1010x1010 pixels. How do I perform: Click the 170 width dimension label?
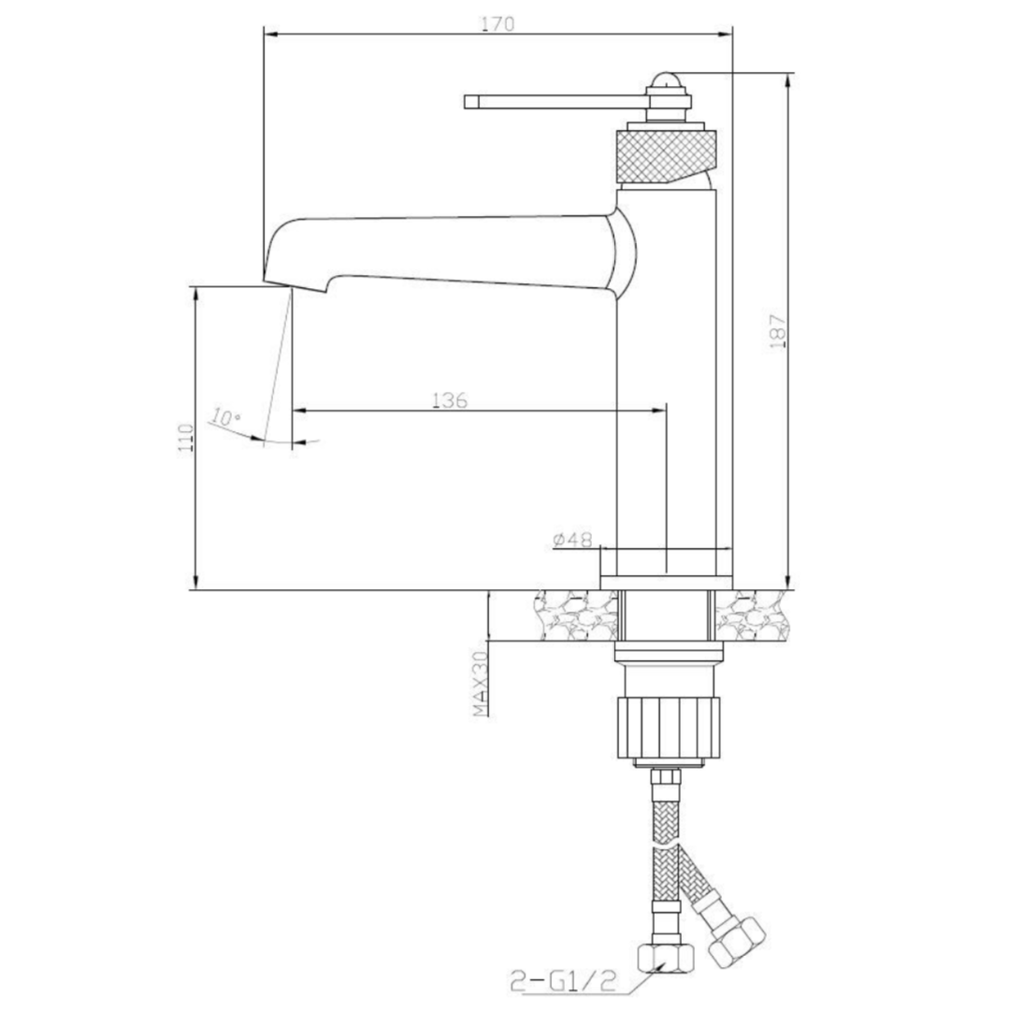[498, 23]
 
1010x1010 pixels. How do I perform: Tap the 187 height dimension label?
[778, 331]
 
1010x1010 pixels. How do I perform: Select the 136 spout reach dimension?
[450, 400]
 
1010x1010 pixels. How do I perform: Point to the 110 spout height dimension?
[187, 438]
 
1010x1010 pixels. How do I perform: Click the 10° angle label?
[224, 417]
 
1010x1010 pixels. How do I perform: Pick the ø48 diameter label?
[572, 540]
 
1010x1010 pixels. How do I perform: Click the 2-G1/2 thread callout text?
[563, 982]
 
